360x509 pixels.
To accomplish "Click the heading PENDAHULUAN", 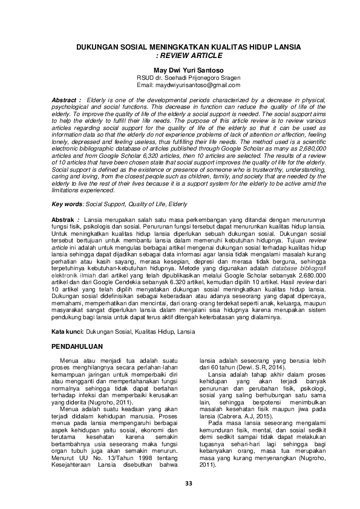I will (x=75, y=346).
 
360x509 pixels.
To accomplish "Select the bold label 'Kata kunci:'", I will (x=67, y=332).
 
